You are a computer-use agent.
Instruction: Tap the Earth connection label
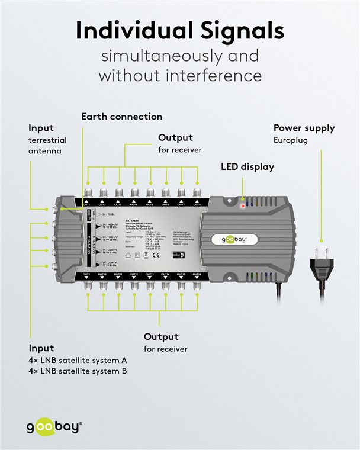click(x=121, y=117)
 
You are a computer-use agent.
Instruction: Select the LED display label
click(x=247, y=167)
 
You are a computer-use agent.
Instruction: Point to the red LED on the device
click(x=242, y=206)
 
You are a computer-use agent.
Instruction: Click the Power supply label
click(x=304, y=128)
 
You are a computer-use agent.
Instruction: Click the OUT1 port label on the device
click(x=86, y=205)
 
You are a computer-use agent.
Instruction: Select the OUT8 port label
click(x=197, y=205)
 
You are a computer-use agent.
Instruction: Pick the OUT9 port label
click(x=86, y=275)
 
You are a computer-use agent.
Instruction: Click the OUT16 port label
click(x=197, y=275)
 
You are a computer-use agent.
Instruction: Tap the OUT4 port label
click(x=134, y=205)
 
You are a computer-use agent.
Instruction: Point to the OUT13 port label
click(x=149, y=275)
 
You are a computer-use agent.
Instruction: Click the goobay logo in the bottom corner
click(x=53, y=426)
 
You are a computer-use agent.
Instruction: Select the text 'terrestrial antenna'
click(x=47, y=146)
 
